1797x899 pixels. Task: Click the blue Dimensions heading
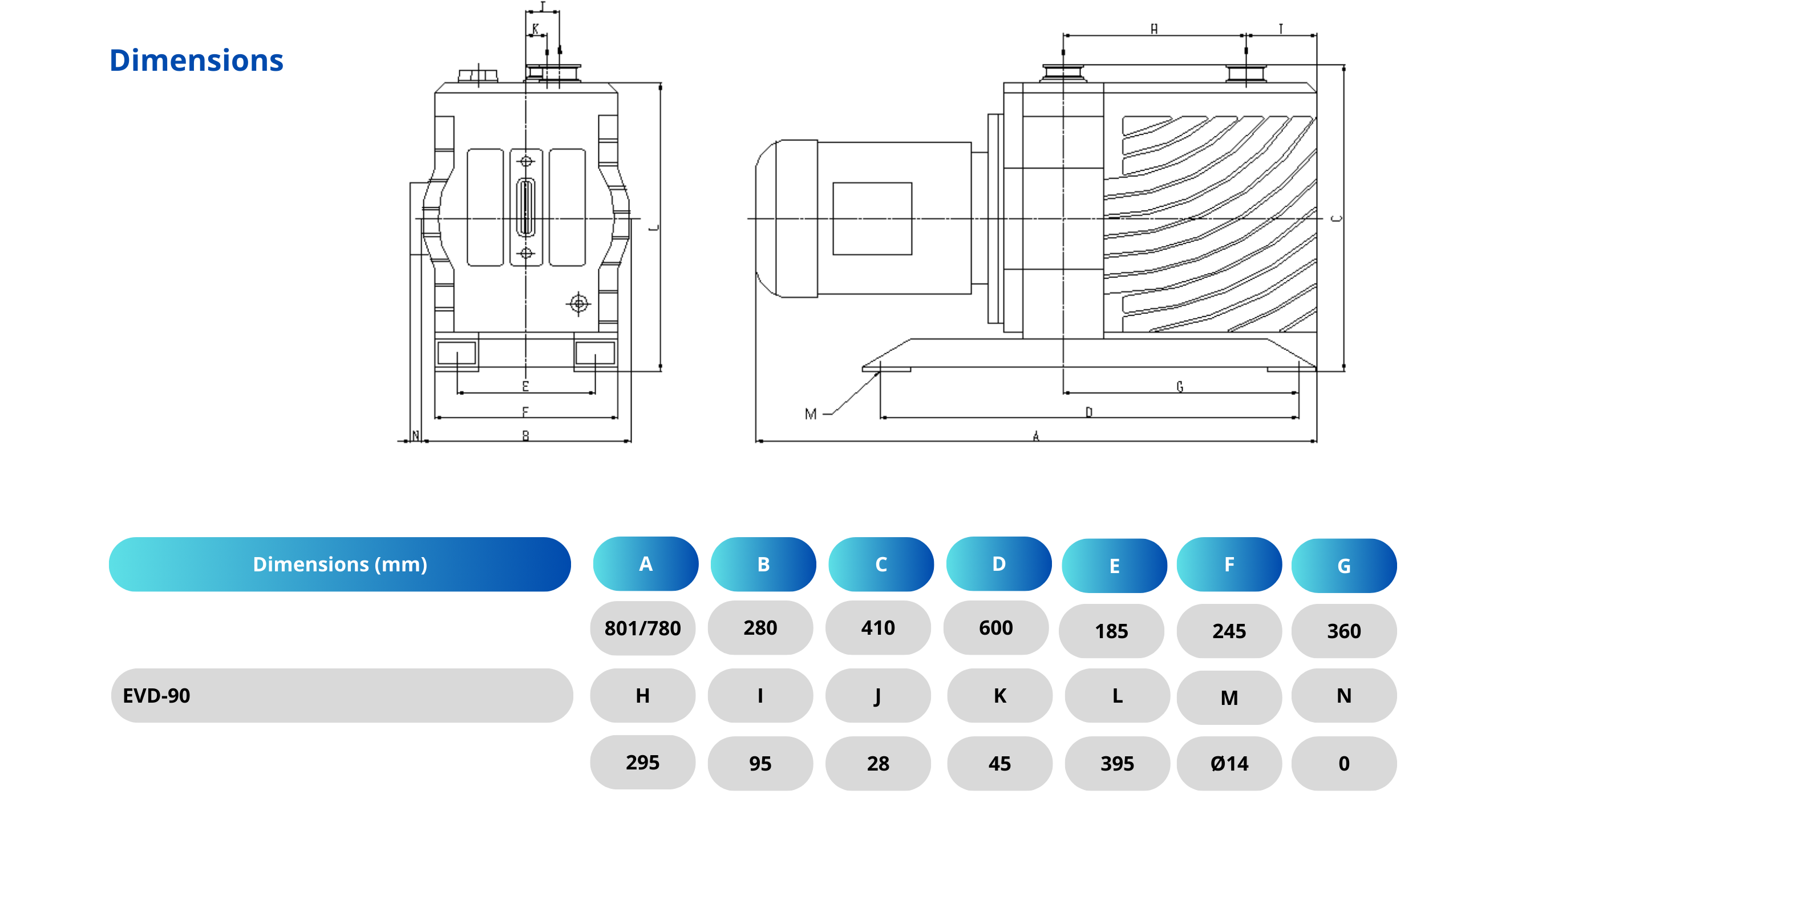[196, 61]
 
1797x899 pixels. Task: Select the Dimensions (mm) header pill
[340, 564]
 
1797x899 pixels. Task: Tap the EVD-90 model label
[156, 696]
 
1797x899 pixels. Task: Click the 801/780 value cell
[642, 628]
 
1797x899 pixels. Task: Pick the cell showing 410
[877, 628]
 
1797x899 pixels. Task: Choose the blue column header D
[998, 564]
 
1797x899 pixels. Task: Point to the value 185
[1111, 631]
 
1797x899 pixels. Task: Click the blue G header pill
[1343, 565]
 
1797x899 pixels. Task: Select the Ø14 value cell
[1229, 764]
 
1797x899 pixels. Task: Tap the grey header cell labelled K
[999, 696]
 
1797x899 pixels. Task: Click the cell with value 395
[1117, 764]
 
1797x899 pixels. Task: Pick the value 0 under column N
[1343, 764]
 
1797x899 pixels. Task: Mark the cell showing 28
[877, 764]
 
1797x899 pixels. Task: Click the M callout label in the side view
[810, 414]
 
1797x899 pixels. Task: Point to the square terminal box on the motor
[872, 219]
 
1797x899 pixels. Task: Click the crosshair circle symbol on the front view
[578, 304]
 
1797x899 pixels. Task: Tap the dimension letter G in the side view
[1180, 386]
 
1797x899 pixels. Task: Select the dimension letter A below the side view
[1036, 436]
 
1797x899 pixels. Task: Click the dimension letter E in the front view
[525, 386]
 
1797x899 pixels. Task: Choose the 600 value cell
[995, 628]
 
